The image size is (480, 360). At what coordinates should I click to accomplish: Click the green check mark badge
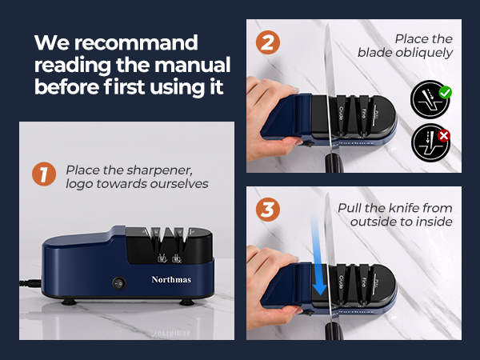[445, 93]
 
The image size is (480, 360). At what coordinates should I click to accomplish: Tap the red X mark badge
[445, 136]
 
